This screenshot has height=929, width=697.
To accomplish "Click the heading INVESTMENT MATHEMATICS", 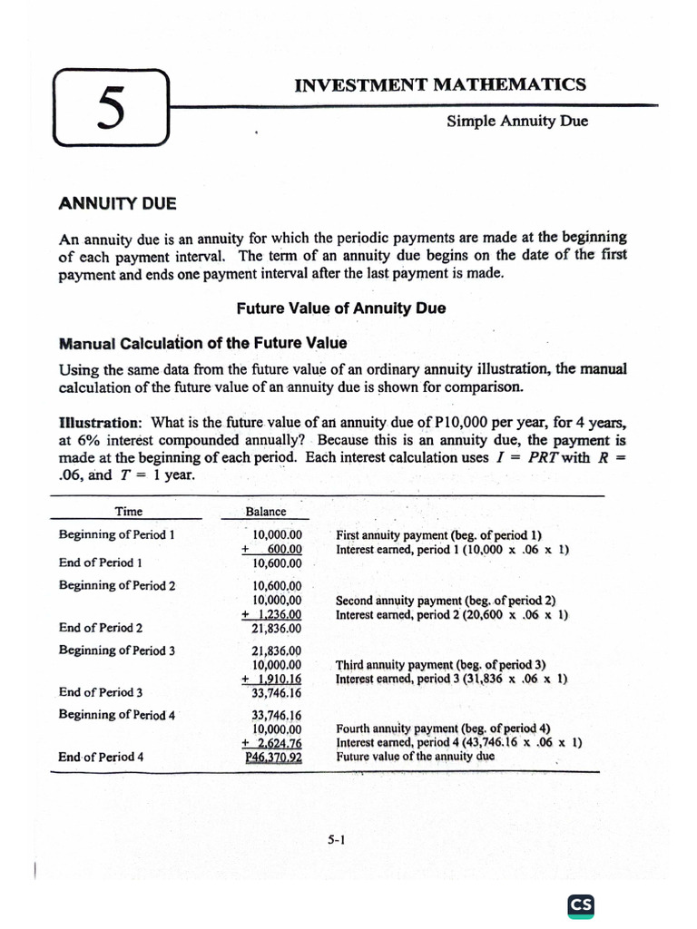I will click(440, 85).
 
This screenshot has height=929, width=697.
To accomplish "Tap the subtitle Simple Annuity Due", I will click(517, 121).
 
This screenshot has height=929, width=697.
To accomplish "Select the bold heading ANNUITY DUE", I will click(118, 203).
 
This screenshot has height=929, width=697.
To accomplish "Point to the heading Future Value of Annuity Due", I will click(341, 308).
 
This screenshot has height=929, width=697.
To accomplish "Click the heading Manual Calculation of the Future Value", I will click(202, 343).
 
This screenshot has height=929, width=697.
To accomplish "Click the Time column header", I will click(128, 512).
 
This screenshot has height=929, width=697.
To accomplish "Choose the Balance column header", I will click(266, 512).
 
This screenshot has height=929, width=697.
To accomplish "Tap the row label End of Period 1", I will click(101, 562).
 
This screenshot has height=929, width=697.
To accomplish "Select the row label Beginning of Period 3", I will click(117, 650).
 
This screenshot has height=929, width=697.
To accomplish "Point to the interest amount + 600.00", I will click(272, 549).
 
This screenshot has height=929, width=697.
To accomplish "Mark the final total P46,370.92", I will click(273, 757).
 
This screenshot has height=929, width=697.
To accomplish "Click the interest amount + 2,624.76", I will click(272, 743).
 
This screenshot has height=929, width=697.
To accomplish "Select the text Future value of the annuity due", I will click(415, 756).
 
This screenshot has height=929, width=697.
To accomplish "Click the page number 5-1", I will click(337, 840).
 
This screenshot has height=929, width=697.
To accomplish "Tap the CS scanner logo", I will click(581, 905).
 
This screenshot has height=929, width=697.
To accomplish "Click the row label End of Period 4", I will click(101, 757).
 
